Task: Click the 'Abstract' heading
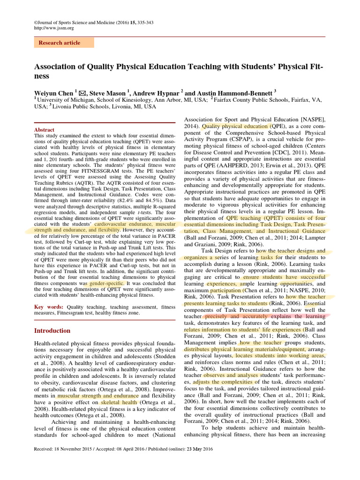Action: point(45,130)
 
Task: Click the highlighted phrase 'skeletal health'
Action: point(119,402)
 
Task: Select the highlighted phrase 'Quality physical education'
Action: point(236,126)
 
